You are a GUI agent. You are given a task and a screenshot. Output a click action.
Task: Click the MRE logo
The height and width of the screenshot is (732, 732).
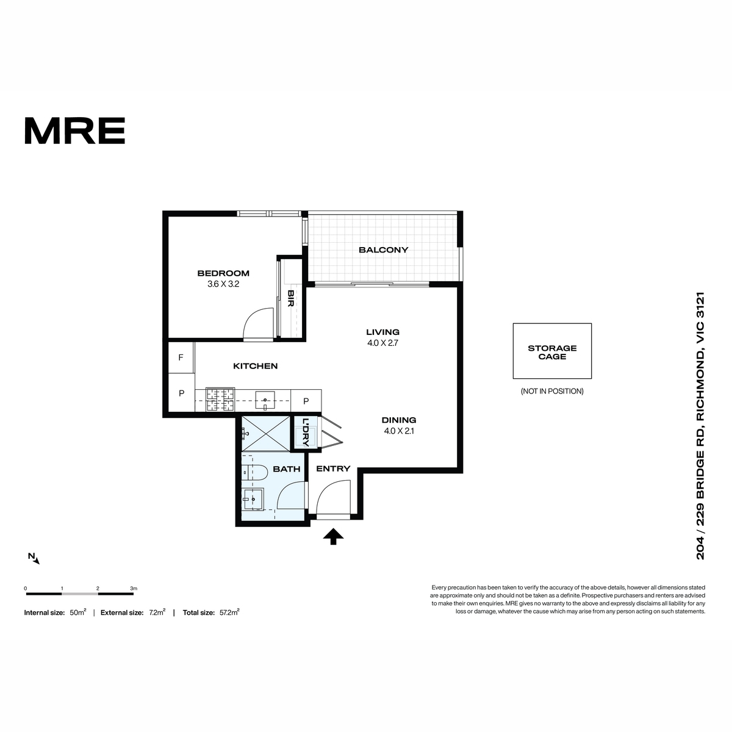[75, 131]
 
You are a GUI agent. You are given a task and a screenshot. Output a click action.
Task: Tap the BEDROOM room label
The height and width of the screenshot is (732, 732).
[223, 273]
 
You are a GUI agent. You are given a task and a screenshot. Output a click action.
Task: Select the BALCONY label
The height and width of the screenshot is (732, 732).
[383, 249]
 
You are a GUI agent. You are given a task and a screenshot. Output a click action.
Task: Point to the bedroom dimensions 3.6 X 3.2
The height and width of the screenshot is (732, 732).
[223, 284]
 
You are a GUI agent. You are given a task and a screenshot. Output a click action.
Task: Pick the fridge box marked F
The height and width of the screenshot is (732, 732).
[181, 357]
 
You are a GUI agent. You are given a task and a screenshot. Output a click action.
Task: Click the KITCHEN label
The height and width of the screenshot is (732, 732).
[255, 366]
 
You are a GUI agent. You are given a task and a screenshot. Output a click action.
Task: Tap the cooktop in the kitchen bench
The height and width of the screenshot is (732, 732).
[220, 400]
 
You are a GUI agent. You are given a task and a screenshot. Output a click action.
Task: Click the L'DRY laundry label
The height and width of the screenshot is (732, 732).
[306, 432]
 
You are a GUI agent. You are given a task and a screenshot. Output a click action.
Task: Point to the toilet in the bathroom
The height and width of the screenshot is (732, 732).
[250, 473]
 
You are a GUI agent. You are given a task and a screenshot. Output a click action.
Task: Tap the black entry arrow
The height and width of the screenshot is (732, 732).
[333, 536]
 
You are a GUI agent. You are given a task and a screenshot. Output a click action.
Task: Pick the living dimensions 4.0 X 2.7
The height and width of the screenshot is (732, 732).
[382, 343]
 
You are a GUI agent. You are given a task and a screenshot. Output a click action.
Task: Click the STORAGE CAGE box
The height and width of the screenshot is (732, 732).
[552, 351]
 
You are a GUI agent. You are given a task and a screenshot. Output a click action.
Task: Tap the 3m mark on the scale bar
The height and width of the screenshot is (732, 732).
[134, 589]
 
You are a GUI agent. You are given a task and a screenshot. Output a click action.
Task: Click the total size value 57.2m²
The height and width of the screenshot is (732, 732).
[229, 612]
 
